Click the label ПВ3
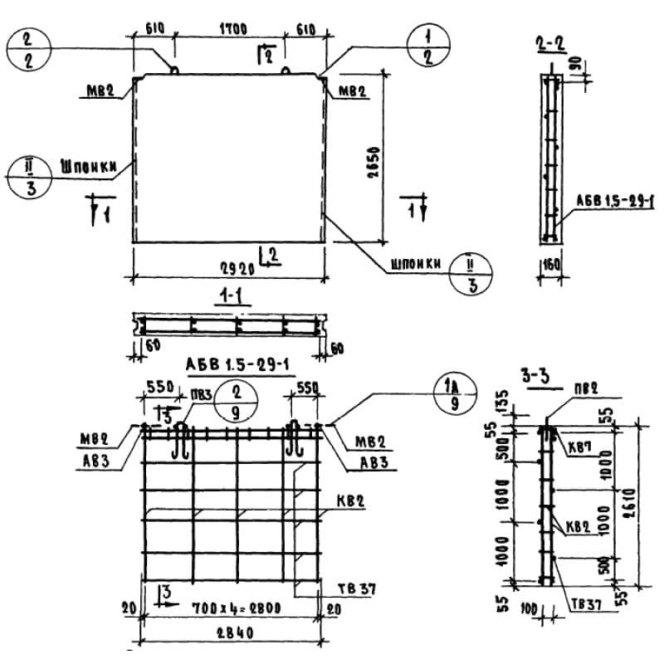click(x=200, y=392)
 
